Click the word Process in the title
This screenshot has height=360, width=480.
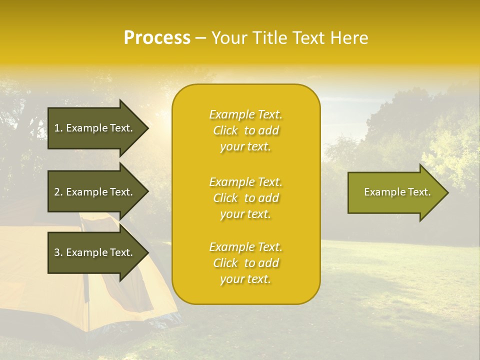click(157, 38)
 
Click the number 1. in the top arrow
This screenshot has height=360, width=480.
click(58, 128)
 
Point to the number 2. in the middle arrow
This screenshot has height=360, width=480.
click(58, 192)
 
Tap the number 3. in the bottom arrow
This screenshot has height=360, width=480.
click(58, 252)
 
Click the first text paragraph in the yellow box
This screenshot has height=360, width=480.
click(245, 130)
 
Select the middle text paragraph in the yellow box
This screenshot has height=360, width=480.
click(245, 198)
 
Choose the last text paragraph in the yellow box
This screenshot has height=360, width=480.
click(245, 263)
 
